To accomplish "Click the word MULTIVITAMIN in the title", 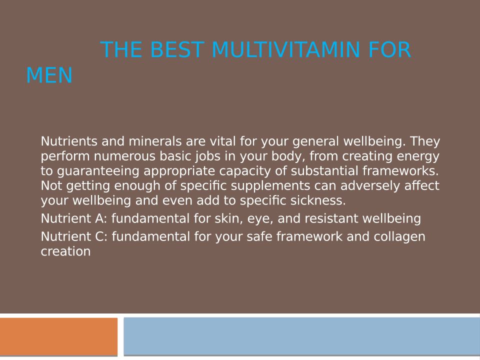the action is (285, 49).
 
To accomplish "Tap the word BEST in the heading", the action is (177, 49).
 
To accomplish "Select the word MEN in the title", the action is (49, 75).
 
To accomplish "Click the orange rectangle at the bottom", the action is (59, 336).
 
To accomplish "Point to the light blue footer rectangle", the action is (301, 336).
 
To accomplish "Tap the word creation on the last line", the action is (65, 251).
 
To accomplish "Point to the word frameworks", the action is (400, 171).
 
